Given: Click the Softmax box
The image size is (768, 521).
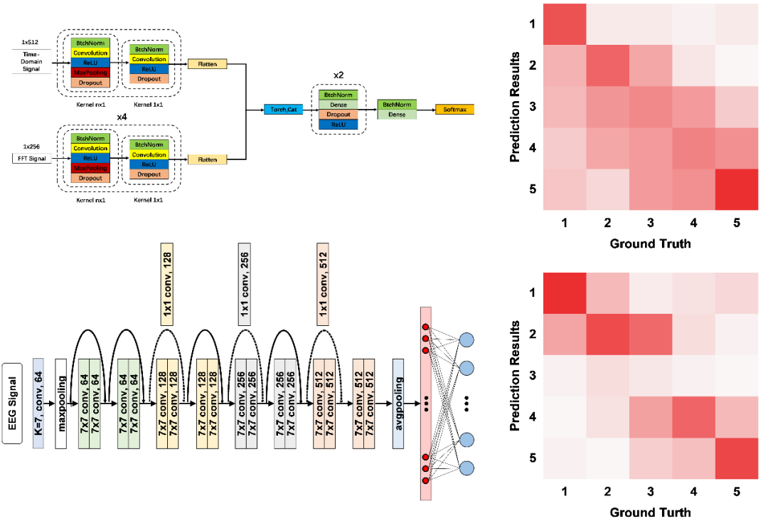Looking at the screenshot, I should coord(454,110).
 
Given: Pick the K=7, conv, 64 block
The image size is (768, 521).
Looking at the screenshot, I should coord(38,404).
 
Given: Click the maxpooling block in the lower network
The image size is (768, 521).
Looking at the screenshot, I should coord(61,404).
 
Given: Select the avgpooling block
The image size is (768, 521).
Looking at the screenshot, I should coord(398,404).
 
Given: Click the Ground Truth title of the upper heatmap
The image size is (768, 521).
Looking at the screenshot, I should coord(651,244).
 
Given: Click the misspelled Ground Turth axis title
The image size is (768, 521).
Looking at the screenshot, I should coord(651,511).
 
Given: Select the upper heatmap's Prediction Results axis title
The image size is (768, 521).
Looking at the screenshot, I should coord(518,107).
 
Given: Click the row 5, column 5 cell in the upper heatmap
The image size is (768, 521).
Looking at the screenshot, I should coord(737,189).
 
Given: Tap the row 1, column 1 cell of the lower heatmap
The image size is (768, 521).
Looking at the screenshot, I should coord(565,293).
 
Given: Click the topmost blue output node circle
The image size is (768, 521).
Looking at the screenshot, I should coord(467,340).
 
